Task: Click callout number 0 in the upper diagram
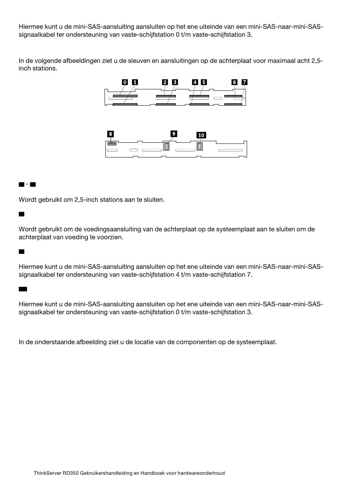tap(125, 82)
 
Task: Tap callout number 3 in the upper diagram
tap(175, 82)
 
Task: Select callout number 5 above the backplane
tap(204, 82)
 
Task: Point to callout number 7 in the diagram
tap(244, 82)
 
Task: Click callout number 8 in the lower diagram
tap(110, 134)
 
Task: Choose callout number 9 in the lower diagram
tap(174, 134)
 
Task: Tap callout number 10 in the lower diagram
tap(201, 135)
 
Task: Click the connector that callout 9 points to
tap(166, 146)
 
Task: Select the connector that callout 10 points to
tap(200, 146)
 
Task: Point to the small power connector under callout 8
tap(112, 143)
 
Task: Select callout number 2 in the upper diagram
tap(165, 82)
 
